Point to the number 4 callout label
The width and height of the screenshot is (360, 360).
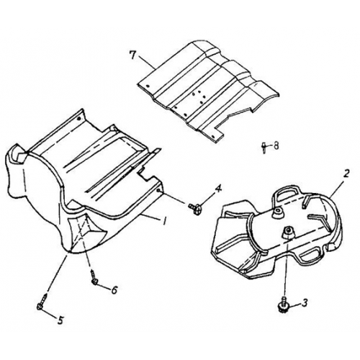pyautogui.click(x=218, y=189)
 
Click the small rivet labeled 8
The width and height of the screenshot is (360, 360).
pyautogui.click(x=265, y=147)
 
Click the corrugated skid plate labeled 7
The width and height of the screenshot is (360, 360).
pyautogui.click(x=202, y=86)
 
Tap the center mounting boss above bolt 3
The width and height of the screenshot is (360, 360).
pyautogui.click(x=287, y=232)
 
